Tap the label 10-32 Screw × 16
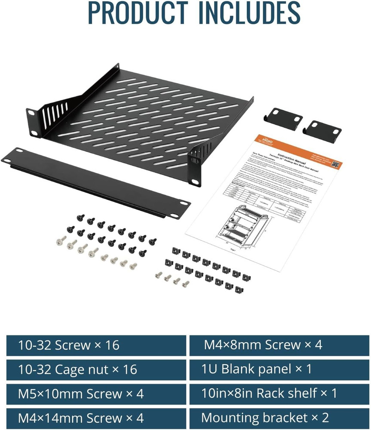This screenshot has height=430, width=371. click(x=68, y=345)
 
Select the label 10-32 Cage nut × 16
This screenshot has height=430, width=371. click(x=77, y=369)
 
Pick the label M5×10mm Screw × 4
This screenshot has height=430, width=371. click(x=80, y=393)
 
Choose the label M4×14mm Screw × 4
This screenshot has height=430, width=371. click(x=80, y=418)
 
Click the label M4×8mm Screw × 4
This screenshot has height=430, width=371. click(x=263, y=345)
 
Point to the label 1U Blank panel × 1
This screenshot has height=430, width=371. click(x=256, y=369)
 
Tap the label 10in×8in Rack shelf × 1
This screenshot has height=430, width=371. click(x=269, y=393)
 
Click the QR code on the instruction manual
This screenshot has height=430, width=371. click(x=335, y=164)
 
